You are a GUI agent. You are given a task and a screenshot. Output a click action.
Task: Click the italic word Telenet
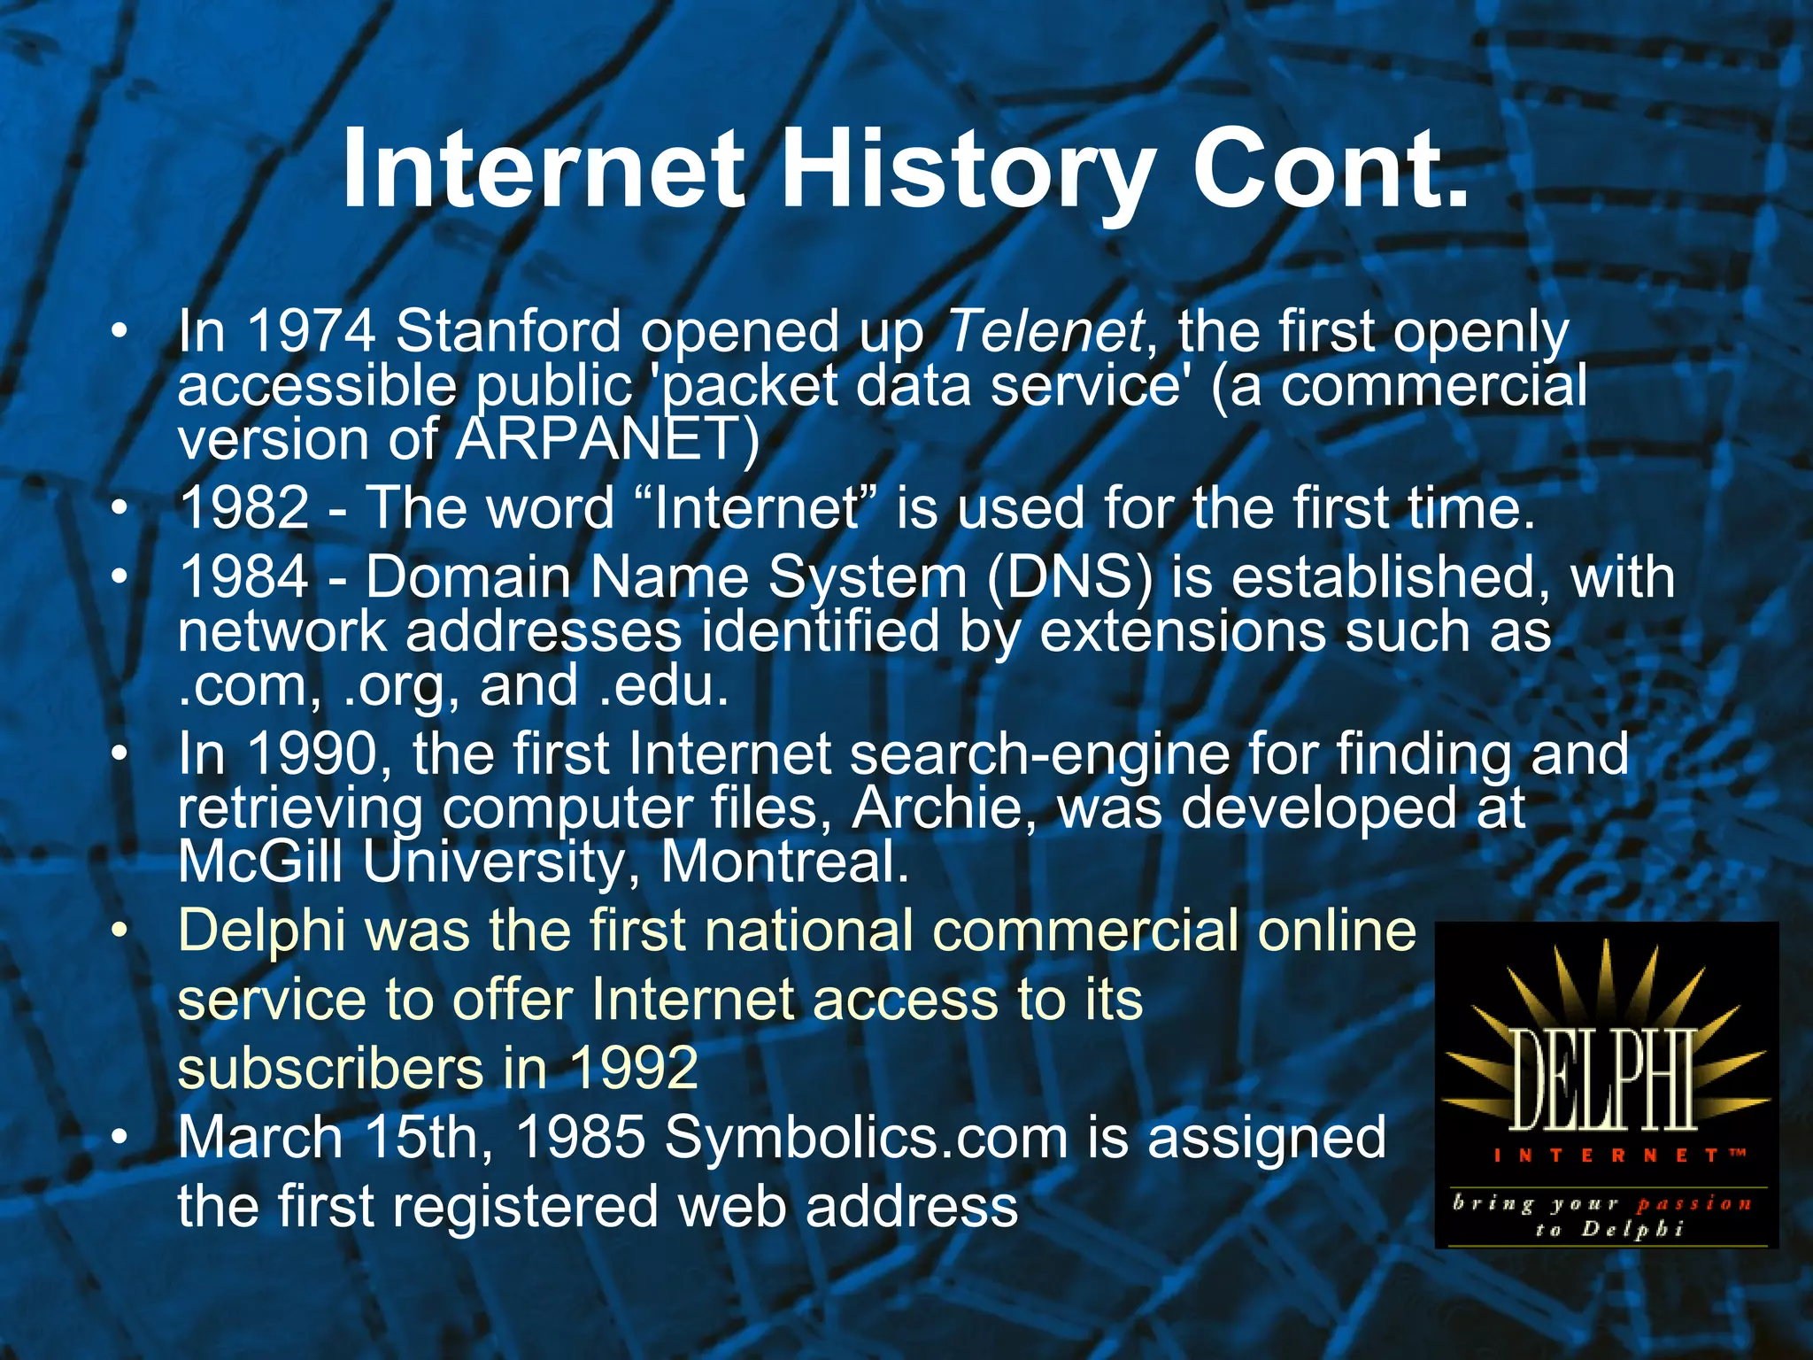coord(1045,332)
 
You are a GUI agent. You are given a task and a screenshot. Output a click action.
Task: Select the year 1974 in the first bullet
coord(311,332)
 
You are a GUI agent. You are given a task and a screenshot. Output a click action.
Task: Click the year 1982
coord(244,508)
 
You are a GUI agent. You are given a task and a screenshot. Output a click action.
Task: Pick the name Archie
coord(941,807)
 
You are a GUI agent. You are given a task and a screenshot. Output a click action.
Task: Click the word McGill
coord(260,862)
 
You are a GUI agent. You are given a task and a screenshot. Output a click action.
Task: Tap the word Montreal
coord(785,862)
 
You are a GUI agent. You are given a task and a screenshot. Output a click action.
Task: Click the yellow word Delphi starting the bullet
coord(261,931)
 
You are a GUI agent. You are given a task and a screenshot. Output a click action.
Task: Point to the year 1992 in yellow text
coord(634,1068)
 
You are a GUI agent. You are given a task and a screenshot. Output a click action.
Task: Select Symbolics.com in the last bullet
coord(866,1138)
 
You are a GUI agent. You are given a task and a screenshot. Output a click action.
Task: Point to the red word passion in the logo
coord(1693,1204)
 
